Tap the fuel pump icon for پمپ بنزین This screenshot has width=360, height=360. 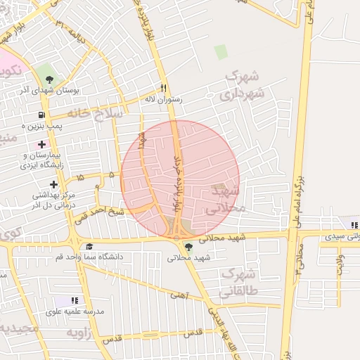[41, 115]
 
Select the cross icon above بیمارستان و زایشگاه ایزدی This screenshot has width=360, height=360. [42, 144]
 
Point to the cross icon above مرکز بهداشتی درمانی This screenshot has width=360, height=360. [53, 184]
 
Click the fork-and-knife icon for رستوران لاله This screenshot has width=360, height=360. [163, 89]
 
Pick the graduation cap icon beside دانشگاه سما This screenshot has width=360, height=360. [89, 246]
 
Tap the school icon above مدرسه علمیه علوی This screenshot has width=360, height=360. [75, 300]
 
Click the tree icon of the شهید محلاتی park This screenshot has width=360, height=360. [188, 246]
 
